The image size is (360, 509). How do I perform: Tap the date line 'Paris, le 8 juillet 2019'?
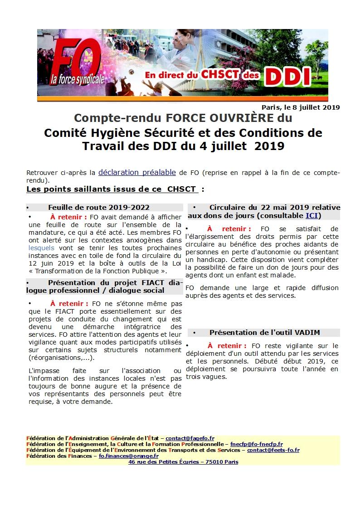(301, 107)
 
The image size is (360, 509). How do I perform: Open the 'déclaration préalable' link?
(137, 172)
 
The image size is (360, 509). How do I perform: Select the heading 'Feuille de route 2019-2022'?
(99, 207)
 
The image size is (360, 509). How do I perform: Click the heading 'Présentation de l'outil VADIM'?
(264, 332)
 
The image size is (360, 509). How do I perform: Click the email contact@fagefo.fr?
(190, 438)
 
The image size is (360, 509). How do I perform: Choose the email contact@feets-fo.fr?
(273, 450)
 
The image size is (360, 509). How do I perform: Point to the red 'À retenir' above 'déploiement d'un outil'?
(227, 346)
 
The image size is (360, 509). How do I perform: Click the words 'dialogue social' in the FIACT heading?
(135, 291)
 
